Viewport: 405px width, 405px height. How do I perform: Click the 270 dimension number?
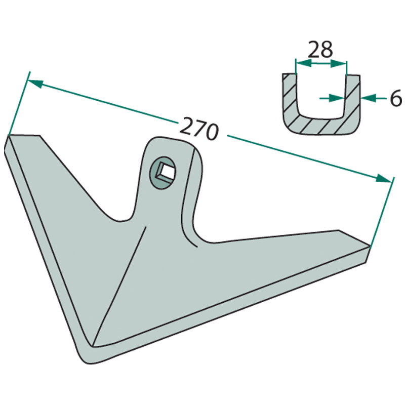(198, 129)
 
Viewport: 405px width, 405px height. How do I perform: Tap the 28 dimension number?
(320, 50)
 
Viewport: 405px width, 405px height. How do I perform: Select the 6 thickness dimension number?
(396, 98)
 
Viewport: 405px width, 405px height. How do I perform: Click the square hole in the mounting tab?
(166, 172)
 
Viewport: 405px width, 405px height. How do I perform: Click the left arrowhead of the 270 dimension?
(35, 84)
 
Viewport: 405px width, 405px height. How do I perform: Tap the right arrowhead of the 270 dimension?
(384, 179)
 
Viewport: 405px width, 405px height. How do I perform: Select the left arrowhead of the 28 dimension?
(303, 63)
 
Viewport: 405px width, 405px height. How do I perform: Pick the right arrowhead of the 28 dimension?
(338, 63)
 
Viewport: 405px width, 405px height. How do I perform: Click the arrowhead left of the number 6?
(369, 98)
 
